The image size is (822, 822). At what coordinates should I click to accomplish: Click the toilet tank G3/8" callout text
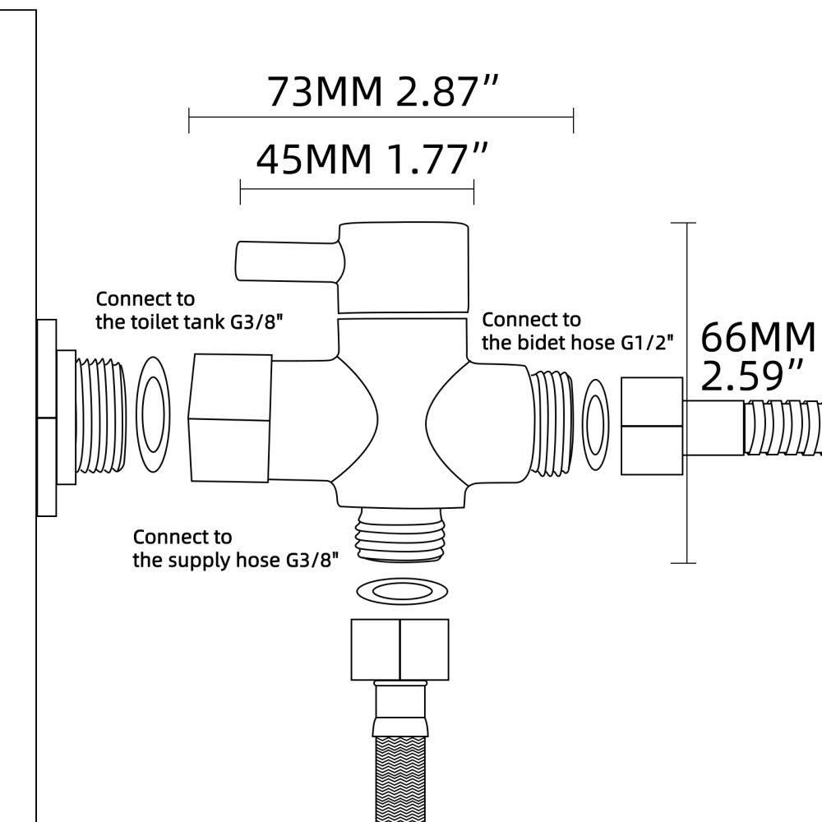189,309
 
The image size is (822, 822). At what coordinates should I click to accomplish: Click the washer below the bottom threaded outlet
403,590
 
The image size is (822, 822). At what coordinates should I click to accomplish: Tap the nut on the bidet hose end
652,425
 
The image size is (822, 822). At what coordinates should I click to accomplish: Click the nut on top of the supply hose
399,649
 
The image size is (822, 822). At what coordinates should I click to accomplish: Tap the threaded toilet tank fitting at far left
98,417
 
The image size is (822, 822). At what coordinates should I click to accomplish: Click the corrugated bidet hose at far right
781,425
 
